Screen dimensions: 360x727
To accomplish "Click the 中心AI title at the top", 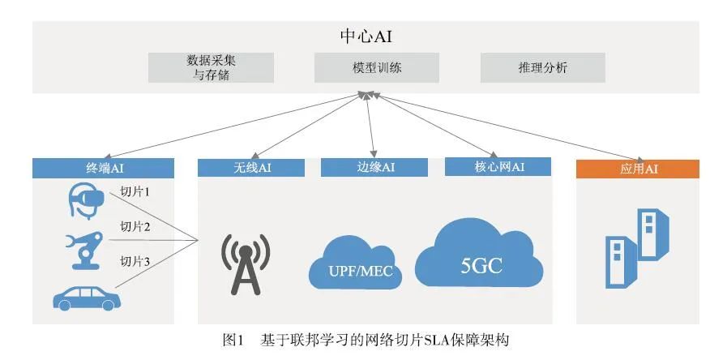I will coord(366,36).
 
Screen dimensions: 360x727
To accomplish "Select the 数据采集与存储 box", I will coord(211,68).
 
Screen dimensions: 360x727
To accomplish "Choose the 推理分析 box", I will coord(542,68).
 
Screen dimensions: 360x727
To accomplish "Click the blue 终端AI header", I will coord(103,169).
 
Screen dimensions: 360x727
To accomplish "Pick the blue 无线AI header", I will coord(250,167).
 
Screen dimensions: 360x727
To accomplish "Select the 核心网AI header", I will coord(498,167).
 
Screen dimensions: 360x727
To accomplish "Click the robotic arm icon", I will coord(83,247).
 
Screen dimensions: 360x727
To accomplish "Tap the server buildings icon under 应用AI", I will coord(638,248).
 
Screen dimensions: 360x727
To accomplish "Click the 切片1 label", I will coord(135,192).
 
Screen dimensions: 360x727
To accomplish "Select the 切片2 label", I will coord(135,226).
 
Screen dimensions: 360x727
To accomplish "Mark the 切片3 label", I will coord(135,261).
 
